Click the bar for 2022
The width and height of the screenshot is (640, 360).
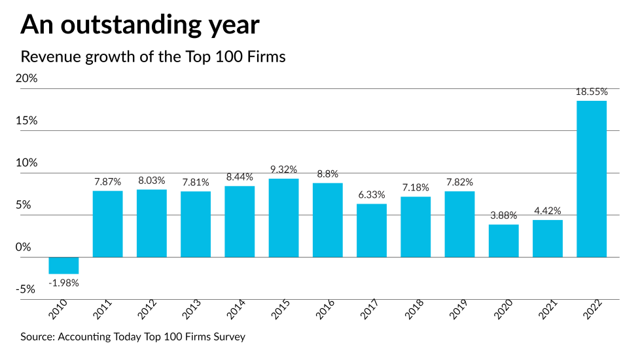tap(591, 179)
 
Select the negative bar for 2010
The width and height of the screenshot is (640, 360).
tap(64, 265)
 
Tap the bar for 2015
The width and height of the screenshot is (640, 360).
tap(283, 218)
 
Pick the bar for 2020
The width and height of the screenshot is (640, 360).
tap(503, 241)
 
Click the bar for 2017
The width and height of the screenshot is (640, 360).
tap(371, 230)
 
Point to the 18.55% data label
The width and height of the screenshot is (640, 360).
tap(591, 92)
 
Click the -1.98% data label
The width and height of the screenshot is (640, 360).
tap(64, 283)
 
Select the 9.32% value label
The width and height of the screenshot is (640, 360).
tap(283, 170)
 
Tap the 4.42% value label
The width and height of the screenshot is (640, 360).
tap(547, 211)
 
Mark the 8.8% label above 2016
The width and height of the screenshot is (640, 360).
tap(327, 174)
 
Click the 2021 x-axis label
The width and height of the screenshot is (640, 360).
tap(548, 310)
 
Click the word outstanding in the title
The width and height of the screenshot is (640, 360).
tap(135, 25)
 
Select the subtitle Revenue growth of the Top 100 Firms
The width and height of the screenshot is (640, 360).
tap(153, 56)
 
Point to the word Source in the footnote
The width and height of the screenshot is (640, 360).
tap(37, 337)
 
